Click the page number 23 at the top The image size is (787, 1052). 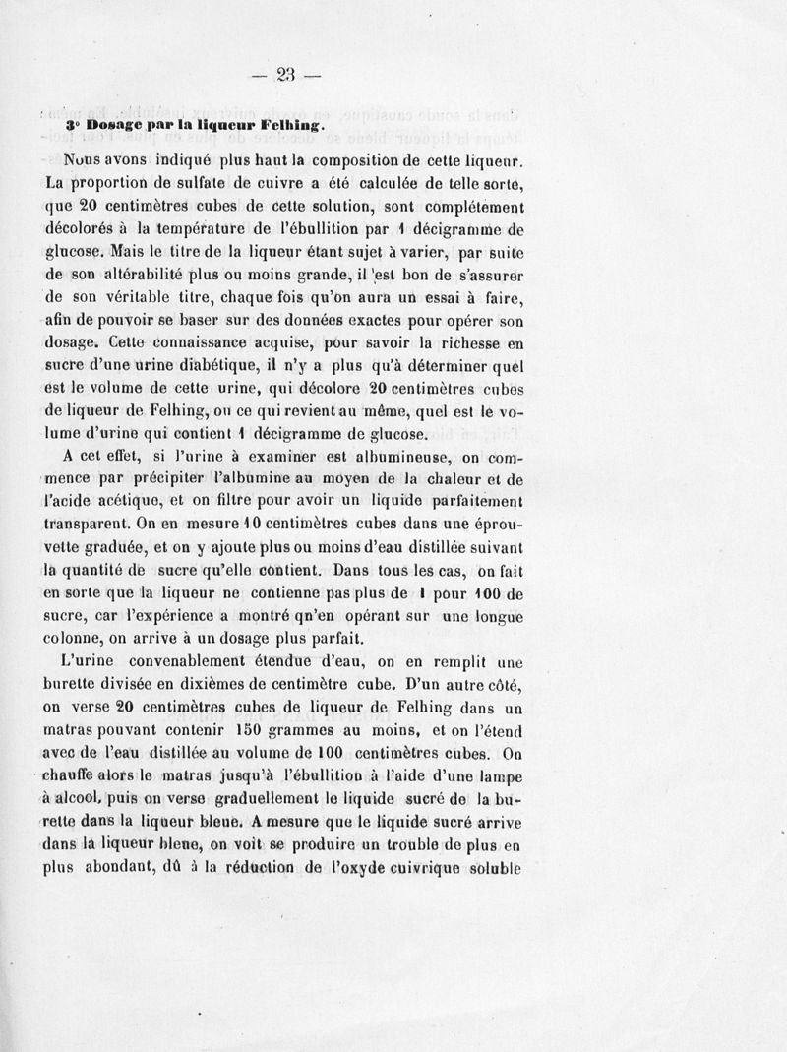click(286, 76)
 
